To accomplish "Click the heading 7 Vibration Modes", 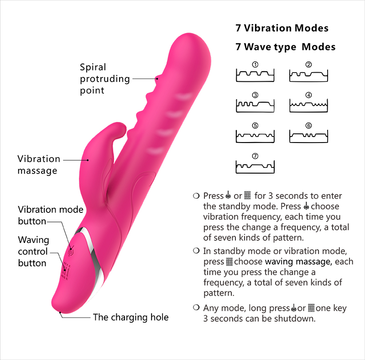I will [x=282, y=28].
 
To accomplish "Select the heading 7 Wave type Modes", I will [x=285, y=47].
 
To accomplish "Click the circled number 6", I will [x=309, y=126].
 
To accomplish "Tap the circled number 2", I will [x=309, y=64].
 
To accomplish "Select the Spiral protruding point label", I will [x=104, y=79].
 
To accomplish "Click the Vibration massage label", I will [x=39, y=165].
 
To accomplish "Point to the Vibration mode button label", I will [x=51, y=216].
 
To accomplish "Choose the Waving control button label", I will [x=33, y=251].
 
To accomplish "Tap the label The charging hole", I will [x=130, y=318].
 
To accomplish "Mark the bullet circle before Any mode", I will [x=196, y=308].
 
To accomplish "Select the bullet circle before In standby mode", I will [x=196, y=251].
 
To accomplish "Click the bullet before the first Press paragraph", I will [x=196, y=196].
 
